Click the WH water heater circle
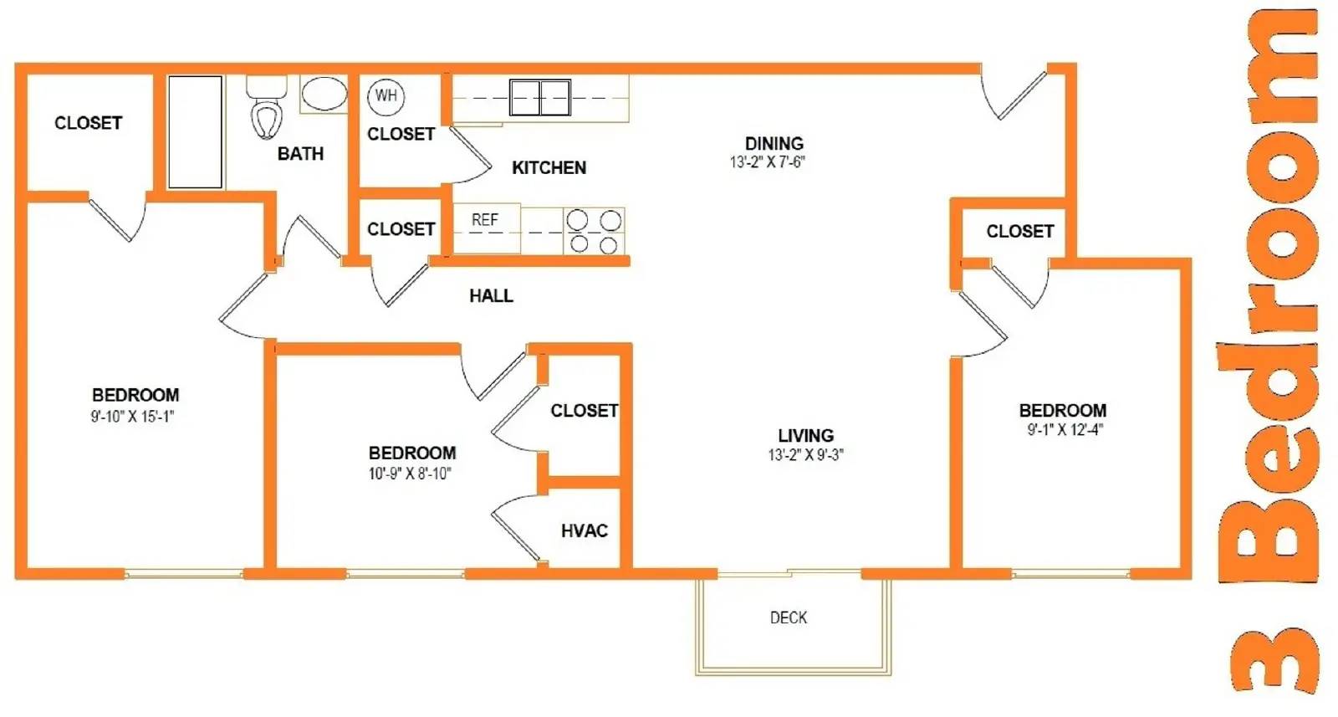(x=386, y=96)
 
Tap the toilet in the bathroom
(x=267, y=112)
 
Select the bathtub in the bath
(x=195, y=132)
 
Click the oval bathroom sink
(x=324, y=95)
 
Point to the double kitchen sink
(x=540, y=98)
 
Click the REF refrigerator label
(x=485, y=220)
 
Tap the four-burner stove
(x=595, y=231)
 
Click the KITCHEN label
(x=549, y=168)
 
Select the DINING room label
(x=774, y=144)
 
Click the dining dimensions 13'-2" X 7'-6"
(x=767, y=162)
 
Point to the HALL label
(x=491, y=296)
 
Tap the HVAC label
(x=584, y=531)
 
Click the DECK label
(x=789, y=618)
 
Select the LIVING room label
(x=805, y=436)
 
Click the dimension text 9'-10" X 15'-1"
(x=132, y=417)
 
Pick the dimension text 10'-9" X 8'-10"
(x=410, y=474)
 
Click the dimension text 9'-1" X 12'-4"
(x=1065, y=430)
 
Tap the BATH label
(x=300, y=154)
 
